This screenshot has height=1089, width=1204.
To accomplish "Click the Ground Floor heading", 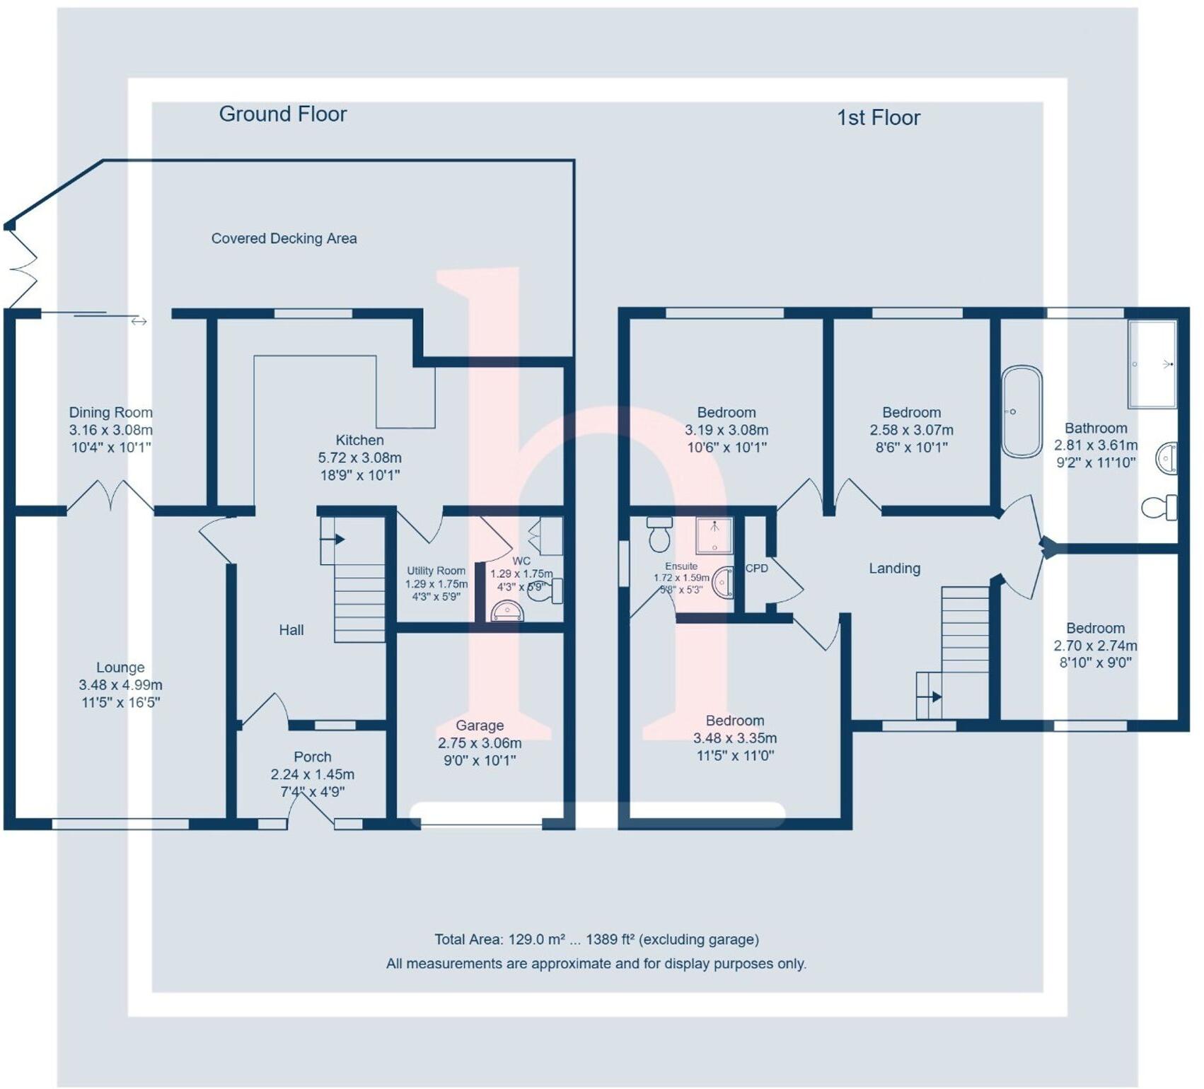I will [x=282, y=114].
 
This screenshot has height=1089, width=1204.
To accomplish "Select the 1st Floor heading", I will [x=878, y=117].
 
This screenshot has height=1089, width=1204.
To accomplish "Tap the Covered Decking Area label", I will [x=284, y=238].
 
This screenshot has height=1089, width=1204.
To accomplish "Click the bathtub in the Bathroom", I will [x=1021, y=412].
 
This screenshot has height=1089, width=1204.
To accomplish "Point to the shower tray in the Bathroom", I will [x=1152, y=364].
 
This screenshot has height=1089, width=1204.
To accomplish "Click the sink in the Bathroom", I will [x=1167, y=458].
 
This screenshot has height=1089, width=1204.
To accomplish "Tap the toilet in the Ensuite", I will [x=659, y=534].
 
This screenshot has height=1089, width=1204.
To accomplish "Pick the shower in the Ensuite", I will [x=714, y=535].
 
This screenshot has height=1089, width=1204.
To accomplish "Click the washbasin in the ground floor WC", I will [x=507, y=611].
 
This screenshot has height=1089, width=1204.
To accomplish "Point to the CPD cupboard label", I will [x=756, y=568].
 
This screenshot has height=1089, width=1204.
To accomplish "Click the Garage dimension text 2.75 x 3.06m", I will [x=480, y=743].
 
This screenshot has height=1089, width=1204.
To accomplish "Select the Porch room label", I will [x=312, y=757].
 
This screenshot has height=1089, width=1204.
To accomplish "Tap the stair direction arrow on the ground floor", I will [x=333, y=540].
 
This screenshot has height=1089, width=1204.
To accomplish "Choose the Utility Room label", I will [x=436, y=571].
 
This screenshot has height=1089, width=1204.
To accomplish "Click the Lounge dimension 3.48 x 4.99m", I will [x=120, y=685].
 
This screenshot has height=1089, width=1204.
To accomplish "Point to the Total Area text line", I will [x=596, y=939].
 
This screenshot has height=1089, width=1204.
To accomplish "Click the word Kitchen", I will [x=359, y=440].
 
